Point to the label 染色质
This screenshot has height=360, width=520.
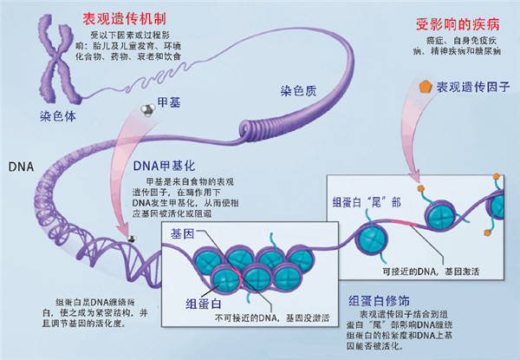point(296,91)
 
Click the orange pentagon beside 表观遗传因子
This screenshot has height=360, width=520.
point(425,87)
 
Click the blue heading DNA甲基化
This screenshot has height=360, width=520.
point(167,165)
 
